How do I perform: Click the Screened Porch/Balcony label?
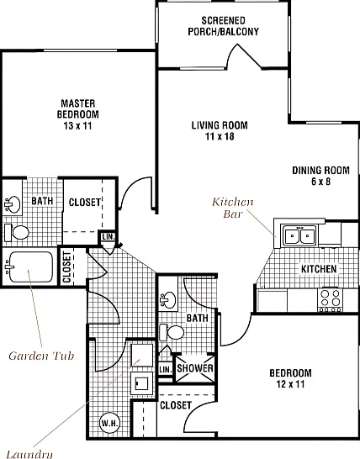[223, 26]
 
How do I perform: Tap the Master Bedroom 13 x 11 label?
[78, 114]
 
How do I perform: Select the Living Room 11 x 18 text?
[220, 130]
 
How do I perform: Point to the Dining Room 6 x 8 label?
[320, 176]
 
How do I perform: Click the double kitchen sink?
[299, 235]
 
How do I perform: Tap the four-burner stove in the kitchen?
[331, 300]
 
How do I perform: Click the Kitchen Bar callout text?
[233, 208]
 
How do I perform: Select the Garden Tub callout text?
[41, 356]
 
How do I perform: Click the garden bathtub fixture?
[29, 267]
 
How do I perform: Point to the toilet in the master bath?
[17, 233]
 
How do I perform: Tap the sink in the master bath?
[13, 204]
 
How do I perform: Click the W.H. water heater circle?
[110, 423]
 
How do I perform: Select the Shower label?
[195, 368]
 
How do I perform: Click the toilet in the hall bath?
[172, 333]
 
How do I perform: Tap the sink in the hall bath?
[168, 300]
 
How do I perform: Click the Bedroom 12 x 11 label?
[290, 378]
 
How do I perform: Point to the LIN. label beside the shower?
[166, 369]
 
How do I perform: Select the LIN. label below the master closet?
[109, 237]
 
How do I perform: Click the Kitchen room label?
[319, 269]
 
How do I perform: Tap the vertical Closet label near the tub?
[66, 267]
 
